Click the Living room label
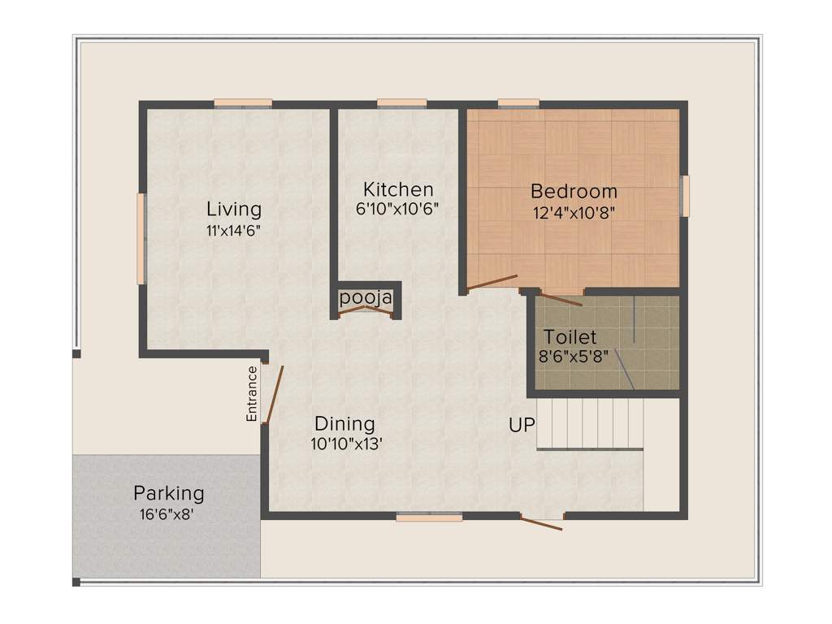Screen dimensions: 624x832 coord(233,209)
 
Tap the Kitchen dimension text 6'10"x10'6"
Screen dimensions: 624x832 coord(397,208)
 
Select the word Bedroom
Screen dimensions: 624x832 coord(574,193)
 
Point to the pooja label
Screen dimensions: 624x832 coord(366,298)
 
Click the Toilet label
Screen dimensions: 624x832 coord(570,336)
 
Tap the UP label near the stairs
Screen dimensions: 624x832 coord(521,424)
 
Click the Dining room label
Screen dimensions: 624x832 coord(344,423)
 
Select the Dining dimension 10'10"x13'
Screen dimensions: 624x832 coord(346,444)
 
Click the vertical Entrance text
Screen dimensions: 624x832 coord(252,393)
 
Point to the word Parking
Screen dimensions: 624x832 coord(169,493)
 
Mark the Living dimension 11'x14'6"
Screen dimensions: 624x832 coord(233,230)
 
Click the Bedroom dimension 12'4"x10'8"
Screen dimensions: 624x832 coord(573,214)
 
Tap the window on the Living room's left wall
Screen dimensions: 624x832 coord(141,238)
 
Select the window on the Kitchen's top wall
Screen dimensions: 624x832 coord(401,103)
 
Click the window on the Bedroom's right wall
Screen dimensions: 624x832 coord(684,196)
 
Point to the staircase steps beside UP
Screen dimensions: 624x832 coord(590,422)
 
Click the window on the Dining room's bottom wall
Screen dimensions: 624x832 coord(429,517)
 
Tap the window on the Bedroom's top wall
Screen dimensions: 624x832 coord(518,103)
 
